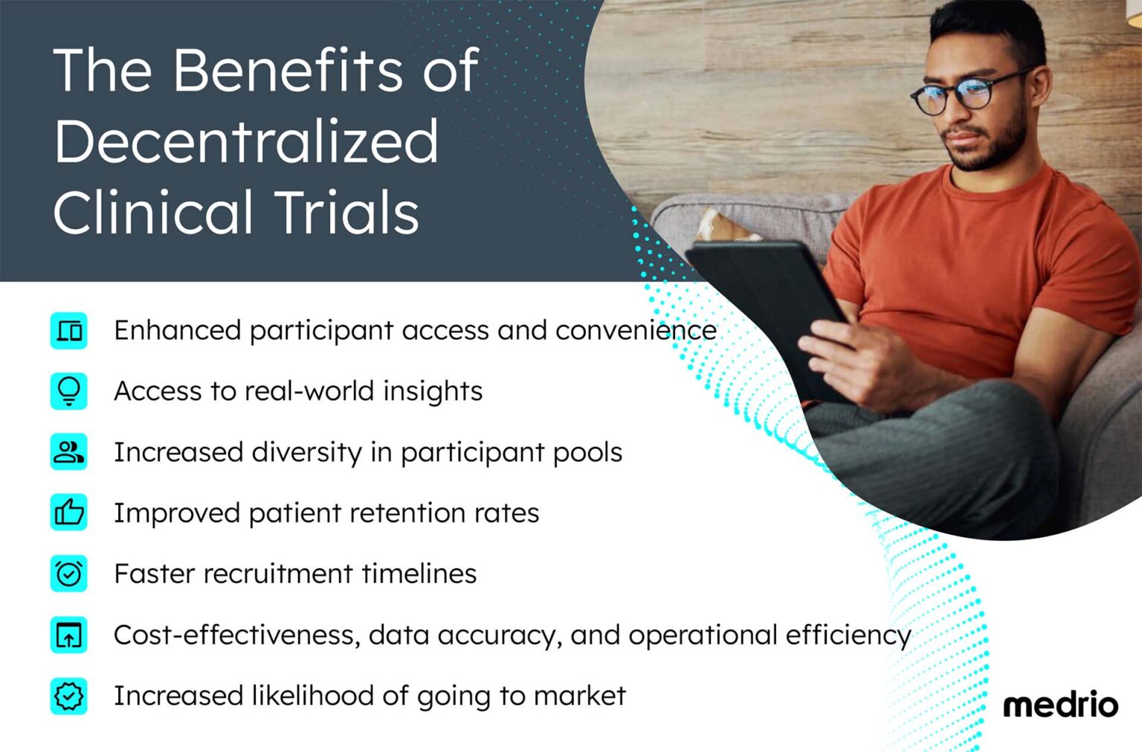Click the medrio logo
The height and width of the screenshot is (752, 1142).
click(x=1059, y=704)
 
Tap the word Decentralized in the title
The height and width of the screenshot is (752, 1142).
click(x=246, y=141)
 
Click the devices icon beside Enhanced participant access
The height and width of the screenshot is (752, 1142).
click(x=69, y=330)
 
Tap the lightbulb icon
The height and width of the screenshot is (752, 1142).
click(x=69, y=391)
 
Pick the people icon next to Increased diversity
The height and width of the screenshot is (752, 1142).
click(x=69, y=452)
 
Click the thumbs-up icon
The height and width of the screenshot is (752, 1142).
click(x=69, y=512)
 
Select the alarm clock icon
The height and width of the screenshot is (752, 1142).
click(x=69, y=573)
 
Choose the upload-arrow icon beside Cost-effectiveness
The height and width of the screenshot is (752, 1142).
click(x=69, y=635)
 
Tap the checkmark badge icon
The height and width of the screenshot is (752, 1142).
click(x=69, y=696)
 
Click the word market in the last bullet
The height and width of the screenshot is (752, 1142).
click(x=579, y=696)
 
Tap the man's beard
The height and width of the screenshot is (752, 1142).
click(x=993, y=149)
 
